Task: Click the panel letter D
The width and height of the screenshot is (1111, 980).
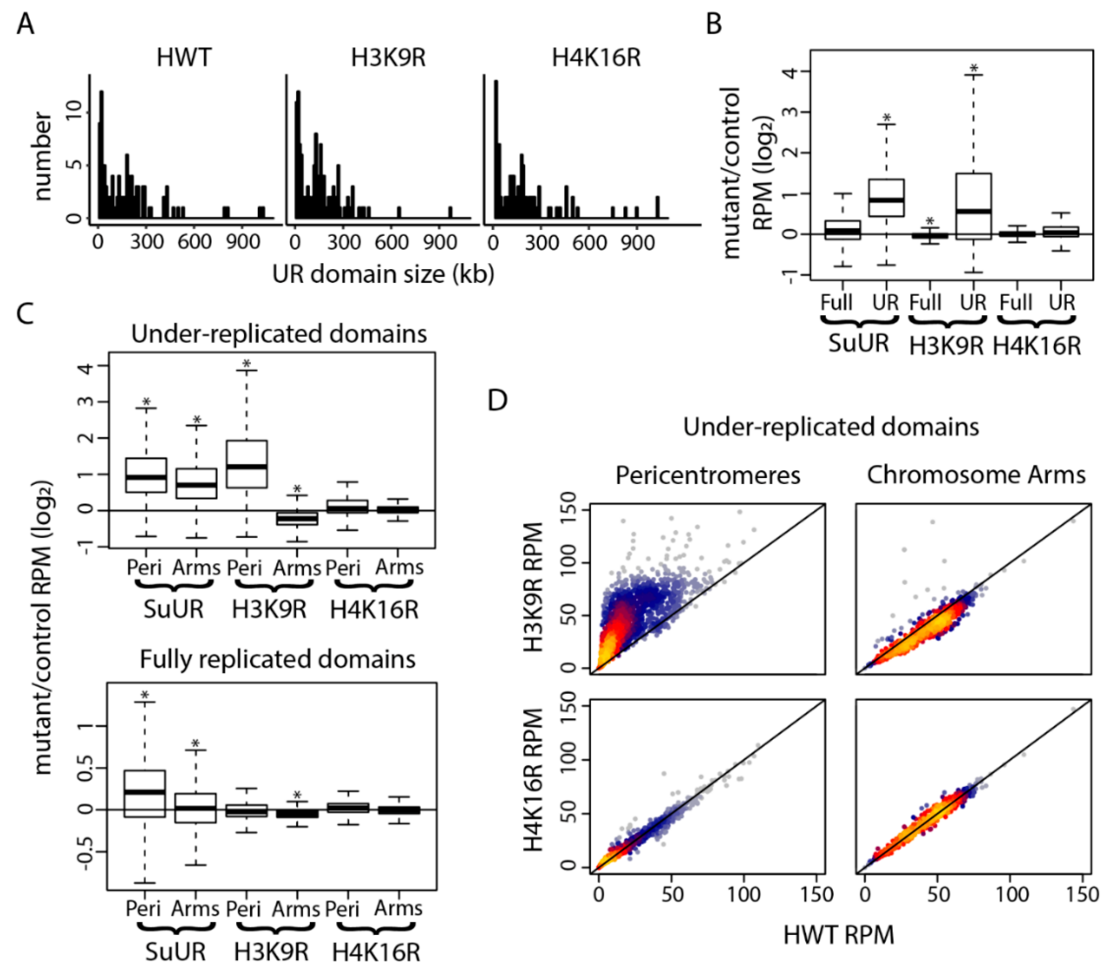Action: [x=498, y=400]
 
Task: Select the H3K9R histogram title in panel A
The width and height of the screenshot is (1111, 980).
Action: [x=388, y=57]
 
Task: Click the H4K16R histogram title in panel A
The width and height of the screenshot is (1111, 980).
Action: [x=596, y=57]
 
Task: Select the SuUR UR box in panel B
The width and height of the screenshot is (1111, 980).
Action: [x=886, y=198]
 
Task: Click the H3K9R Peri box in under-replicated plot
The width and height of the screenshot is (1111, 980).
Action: [x=247, y=464]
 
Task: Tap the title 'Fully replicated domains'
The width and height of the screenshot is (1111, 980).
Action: [x=277, y=659]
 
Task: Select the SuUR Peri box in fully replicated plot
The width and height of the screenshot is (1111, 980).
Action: [x=144, y=793]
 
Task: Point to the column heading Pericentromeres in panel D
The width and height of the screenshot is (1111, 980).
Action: [x=708, y=475]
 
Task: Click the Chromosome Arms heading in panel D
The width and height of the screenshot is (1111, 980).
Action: [x=976, y=475]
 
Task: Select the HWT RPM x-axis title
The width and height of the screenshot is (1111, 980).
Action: [x=838, y=935]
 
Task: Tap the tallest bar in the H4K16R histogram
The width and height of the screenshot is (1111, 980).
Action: [x=496, y=149]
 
